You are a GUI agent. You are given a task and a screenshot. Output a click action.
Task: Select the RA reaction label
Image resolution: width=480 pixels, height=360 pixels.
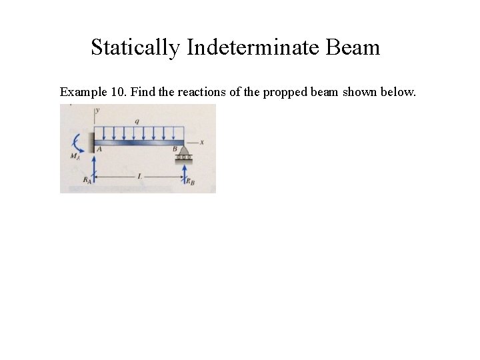[85, 180]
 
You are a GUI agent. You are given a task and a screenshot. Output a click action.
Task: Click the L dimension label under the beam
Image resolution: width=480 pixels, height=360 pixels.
[139, 176]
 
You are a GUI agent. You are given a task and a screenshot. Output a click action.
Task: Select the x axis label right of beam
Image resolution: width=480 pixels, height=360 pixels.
[201, 141]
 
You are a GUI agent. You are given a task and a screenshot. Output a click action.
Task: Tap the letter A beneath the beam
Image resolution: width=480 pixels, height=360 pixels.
[99, 150]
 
